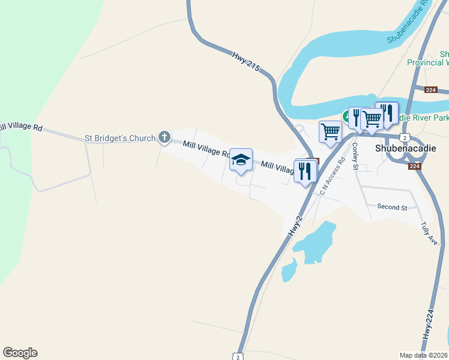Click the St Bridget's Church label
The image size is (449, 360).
[x=120, y=138]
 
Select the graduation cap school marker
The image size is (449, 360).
[x=241, y=160]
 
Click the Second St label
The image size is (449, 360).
[x=392, y=207]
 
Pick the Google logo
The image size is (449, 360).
[x=20, y=353]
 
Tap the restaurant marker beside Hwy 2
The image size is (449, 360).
[x=306, y=172]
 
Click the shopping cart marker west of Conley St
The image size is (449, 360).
[x=330, y=131]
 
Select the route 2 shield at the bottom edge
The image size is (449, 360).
[x=238, y=356]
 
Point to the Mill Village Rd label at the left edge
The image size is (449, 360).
[x=20, y=127]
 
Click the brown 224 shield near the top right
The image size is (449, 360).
[x=430, y=90]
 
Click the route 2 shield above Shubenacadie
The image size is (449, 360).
[x=405, y=137]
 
